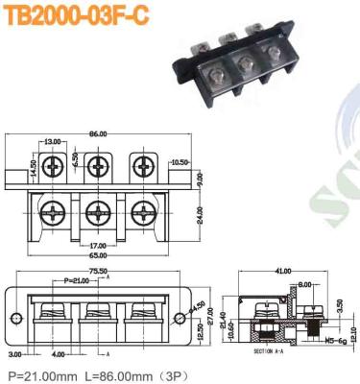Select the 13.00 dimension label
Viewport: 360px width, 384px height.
(x=51, y=142)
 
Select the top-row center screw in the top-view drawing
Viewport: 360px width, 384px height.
(x=98, y=165)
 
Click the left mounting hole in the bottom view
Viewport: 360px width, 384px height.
(x=16, y=318)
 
